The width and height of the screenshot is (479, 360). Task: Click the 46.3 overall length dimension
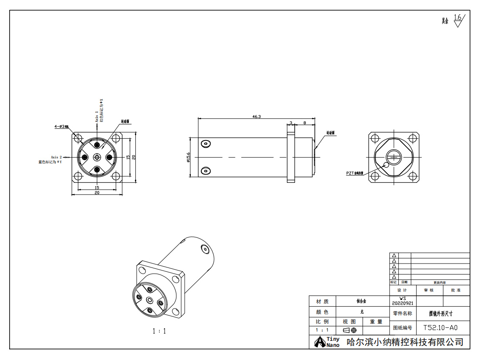(256, 117)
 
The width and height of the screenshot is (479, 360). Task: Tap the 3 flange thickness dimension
(291, 123)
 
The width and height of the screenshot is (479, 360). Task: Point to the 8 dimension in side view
(304, 123)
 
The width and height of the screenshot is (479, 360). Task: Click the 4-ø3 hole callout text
(62, 126)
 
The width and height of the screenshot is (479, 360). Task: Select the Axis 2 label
(56, 157)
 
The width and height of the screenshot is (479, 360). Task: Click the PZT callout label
(355, 173)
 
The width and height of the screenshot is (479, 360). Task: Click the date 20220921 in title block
(402, 303)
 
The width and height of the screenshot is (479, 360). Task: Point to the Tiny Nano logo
(327, 342)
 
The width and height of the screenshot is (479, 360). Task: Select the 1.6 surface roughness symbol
(458, 20)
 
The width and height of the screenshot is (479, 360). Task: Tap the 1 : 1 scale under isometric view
(159, 331)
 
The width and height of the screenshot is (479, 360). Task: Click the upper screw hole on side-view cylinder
(205, 143)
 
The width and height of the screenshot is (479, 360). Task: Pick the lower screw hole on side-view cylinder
(205, 171)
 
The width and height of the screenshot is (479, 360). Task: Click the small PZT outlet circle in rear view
(385, 165)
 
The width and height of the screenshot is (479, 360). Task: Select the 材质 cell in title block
(322, 301)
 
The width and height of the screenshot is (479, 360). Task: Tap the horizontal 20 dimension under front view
(97, 192)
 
